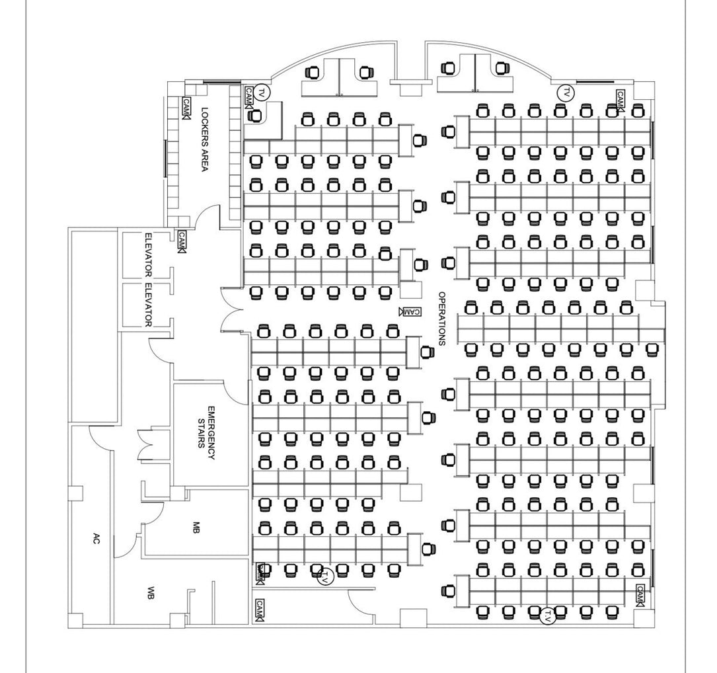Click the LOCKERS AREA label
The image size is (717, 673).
pos(204,139)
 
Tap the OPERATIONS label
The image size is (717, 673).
pos(441,319)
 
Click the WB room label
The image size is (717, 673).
pos(151,593)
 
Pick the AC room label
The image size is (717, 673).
pos(96,539)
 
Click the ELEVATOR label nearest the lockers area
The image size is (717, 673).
pos(148,255)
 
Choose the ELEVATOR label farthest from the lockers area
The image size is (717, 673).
pos(148,305)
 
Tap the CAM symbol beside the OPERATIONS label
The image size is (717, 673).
pos(410,311)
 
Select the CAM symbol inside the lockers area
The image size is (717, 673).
pos(186,108)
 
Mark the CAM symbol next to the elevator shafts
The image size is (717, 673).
pos(182,242)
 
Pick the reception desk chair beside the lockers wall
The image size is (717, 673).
pos(254,115)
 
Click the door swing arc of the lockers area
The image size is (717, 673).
pos(207,216)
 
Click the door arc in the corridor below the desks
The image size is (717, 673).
pos(361,600)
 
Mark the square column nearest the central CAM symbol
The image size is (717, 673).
pos(410,291)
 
